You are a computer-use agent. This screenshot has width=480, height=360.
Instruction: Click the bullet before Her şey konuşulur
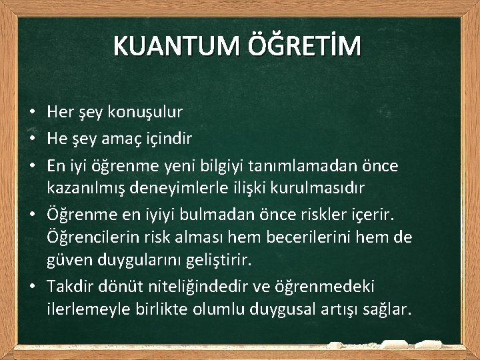coord(31,113)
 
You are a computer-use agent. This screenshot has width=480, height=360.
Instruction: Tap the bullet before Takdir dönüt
coord(31,287)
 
